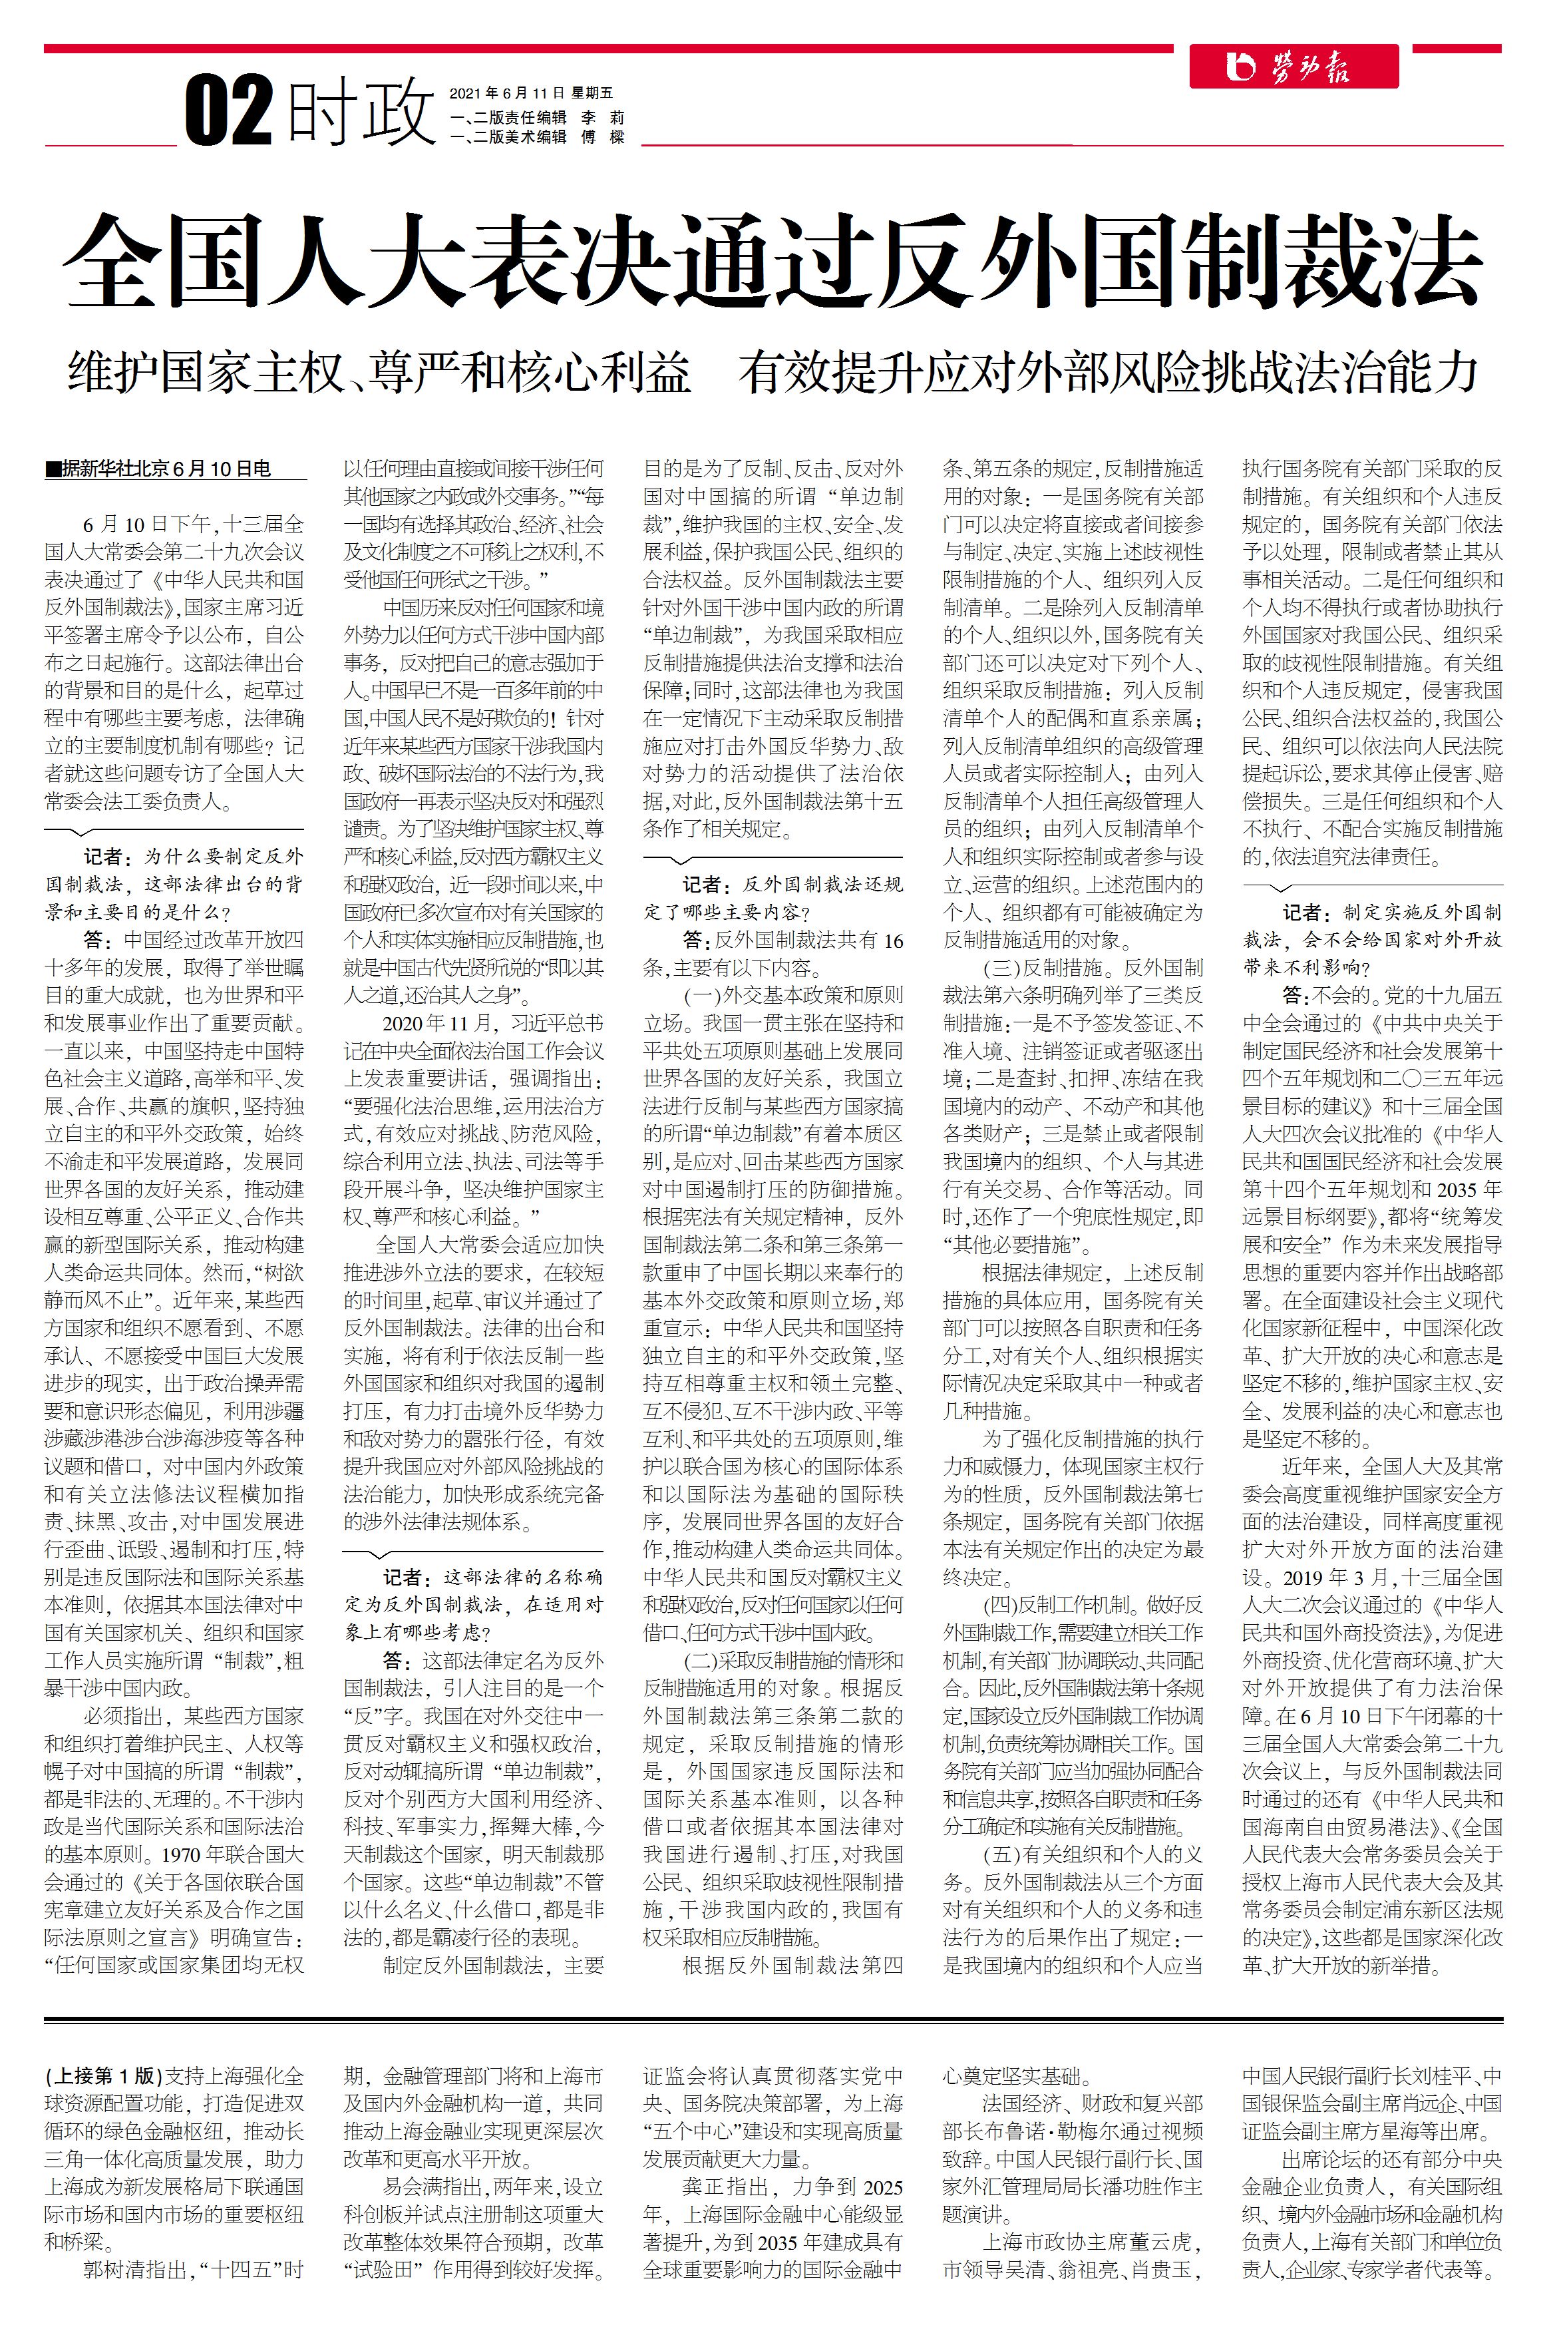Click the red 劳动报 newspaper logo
[1292, 67]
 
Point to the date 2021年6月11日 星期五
[531, 93]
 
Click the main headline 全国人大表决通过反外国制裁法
[773, 262]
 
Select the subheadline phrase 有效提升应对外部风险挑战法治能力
[1109, 372]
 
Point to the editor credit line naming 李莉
[537, 117]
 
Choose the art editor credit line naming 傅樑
[537, 137]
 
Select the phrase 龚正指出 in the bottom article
[719, 2187]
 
